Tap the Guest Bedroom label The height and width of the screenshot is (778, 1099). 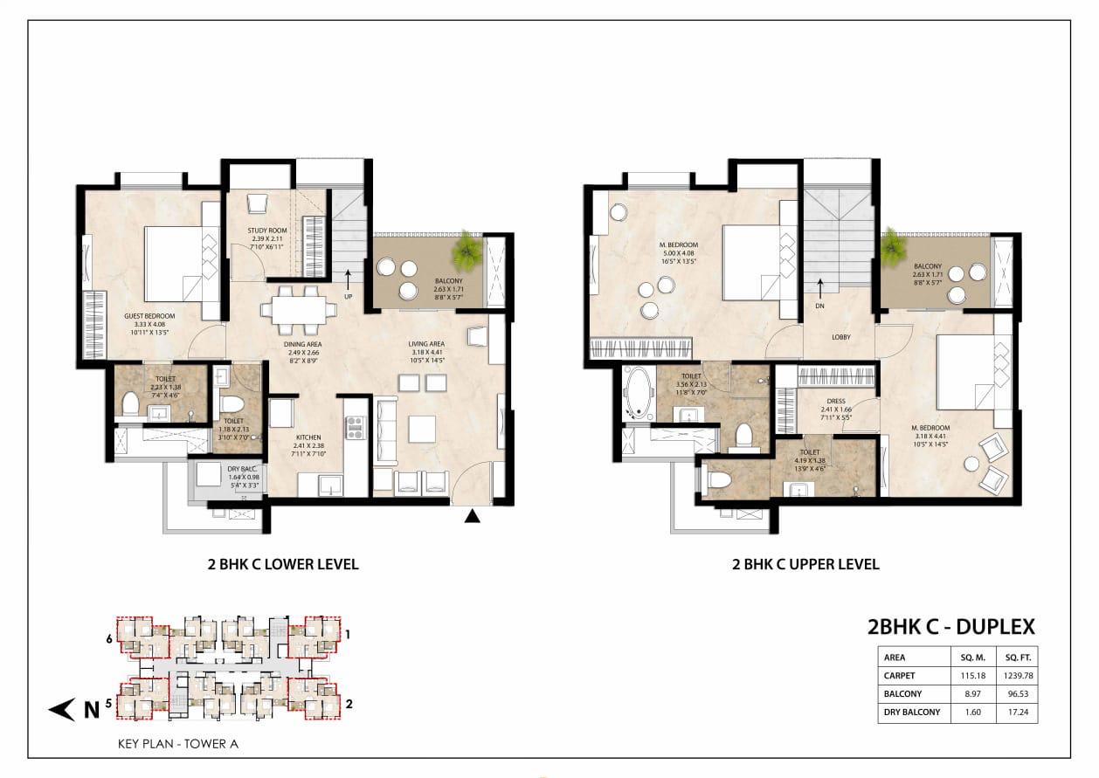[149, 315]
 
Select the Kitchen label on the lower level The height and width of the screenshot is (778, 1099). [307, 437]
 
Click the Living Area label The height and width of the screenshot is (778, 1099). [426, 344]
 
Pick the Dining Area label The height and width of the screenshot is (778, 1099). [302, 344]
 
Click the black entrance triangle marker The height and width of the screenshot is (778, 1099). [472, 517]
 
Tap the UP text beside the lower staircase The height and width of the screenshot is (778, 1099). [349, 296]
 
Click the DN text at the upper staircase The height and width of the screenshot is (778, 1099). [820, 306]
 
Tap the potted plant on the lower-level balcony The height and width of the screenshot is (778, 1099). [467, 251]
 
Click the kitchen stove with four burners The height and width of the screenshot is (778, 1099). [354, 427]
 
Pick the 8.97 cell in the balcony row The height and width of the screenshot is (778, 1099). [972, 693]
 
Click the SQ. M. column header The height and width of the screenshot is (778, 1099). [972, 658]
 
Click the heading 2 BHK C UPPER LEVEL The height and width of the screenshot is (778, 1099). [805, 564]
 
